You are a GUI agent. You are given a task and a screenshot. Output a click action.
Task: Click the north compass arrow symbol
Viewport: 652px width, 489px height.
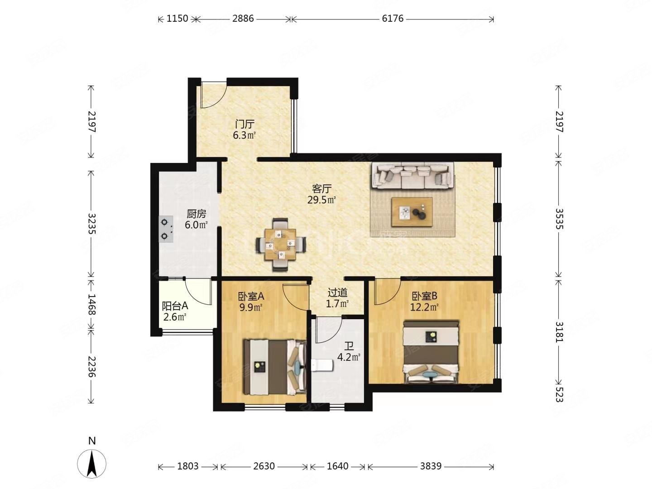(92, 464)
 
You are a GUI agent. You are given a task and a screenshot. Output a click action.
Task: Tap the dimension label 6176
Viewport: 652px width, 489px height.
(393, 19)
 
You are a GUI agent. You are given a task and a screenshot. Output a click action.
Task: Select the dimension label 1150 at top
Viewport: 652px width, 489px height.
(177, 19)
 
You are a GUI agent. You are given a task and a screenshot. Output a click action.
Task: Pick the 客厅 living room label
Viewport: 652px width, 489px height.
(321, 188)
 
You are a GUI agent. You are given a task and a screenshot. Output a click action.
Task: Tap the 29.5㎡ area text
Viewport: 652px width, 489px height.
(321, 200)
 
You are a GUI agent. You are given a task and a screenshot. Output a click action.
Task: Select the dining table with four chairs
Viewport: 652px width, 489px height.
(281, 244)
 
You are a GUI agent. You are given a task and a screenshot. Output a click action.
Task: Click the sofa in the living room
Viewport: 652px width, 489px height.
(412, 176)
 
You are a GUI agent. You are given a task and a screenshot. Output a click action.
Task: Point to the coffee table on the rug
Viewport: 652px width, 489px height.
(412, 212)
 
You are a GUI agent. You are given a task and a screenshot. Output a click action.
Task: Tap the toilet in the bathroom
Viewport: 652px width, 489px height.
(322, 365)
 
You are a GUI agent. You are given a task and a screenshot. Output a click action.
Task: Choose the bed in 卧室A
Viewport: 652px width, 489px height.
(275, 367)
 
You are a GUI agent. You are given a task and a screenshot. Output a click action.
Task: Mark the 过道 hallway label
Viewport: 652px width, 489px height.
(337, 293)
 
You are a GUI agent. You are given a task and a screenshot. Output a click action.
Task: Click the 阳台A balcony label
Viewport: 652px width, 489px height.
(175, 306)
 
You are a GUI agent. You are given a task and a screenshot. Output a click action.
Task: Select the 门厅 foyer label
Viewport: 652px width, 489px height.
(244, 124)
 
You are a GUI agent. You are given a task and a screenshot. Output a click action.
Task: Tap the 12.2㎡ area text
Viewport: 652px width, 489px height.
(424, 307)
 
